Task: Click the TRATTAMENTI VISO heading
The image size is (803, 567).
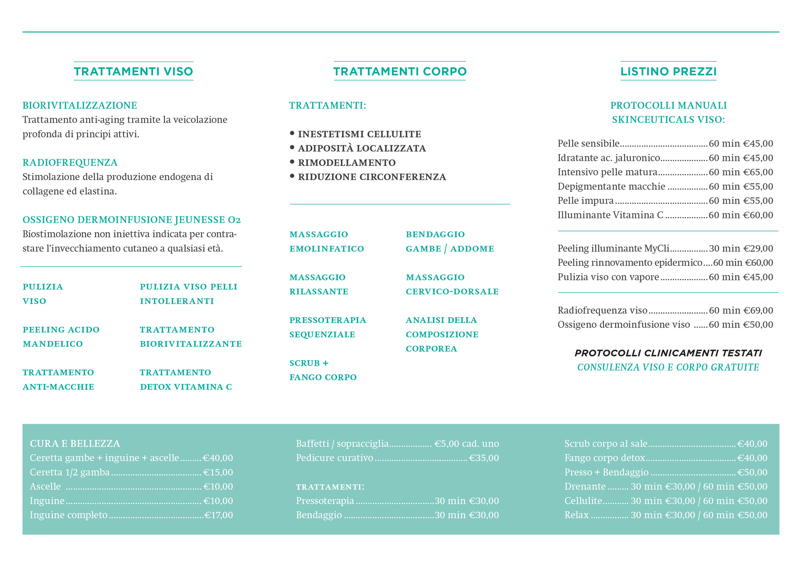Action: click(133, 71)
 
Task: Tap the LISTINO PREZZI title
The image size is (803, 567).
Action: click(668, 71)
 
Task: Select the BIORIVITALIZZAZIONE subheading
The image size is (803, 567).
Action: click(80, 105)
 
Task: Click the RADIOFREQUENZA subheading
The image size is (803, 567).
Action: click(70, 163)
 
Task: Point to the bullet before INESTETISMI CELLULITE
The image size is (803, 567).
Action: click(292, 133)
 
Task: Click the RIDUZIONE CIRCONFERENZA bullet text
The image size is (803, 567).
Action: click(372, 177)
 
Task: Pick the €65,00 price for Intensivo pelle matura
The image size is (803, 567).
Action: click(758, 172)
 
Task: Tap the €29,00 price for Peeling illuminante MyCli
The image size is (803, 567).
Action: click(758, 249)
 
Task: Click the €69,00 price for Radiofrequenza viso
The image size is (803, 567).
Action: click(758, 310)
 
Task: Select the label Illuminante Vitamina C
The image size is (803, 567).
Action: click(610, 215)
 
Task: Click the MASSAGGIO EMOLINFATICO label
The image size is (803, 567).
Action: click(327, 242)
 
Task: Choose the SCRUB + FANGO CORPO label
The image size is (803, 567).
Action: click(323, 370)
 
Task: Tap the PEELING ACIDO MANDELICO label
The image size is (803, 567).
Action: click(61, 337)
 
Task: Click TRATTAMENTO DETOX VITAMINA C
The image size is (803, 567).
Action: click(186, 379)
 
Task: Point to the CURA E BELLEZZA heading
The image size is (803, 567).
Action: click(75, 443)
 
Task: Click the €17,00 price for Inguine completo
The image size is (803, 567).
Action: click(218, 515)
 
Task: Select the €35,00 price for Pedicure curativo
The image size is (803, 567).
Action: click(484, 458)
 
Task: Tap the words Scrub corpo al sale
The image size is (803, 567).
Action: click(606, 444)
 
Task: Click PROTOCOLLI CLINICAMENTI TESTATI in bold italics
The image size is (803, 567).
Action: click(668, 353)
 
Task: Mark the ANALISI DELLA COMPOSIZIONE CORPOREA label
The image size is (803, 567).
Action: click(442, 334)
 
